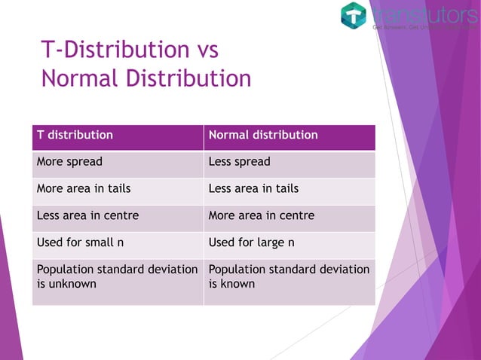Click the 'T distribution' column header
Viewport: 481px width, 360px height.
(75, 136)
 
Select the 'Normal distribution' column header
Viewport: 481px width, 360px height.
(262, 136)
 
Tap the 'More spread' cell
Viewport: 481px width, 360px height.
(69, 162)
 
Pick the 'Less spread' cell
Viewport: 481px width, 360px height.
(239, 162)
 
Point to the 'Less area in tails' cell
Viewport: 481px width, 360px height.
(253, 189)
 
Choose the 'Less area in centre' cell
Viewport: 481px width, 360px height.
(87, 216)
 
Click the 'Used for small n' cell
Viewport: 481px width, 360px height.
(80, 243)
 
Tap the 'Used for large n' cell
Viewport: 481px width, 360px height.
(251, 243)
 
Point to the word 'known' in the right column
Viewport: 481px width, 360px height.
(238, 284)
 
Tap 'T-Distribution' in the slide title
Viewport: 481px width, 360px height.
(109, 50)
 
